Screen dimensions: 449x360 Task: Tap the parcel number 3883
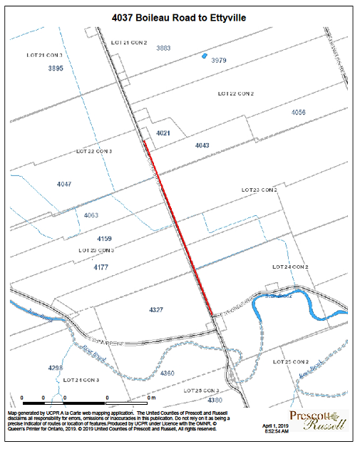[x=163, y=48]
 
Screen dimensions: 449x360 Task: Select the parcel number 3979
[x=219, y=61]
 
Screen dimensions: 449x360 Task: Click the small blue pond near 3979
[x=205, y=55]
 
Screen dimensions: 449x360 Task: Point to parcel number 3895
[x=56, y=68]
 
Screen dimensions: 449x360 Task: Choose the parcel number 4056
[x=299, y=113]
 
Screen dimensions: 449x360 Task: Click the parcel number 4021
[x=163, y=133]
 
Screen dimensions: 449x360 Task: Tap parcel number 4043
[x=202, y=145]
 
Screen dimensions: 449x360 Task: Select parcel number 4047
[x=64, y=184]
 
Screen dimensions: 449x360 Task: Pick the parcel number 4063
[x=91, y=215]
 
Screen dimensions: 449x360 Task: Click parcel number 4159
[x=104, y=238]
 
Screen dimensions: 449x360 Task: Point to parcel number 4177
[x=101, y=266]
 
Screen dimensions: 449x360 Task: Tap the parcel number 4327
[x=156, y=310]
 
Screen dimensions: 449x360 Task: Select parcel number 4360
[x=168, y=373]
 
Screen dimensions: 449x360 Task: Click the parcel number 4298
[x=55, y=367]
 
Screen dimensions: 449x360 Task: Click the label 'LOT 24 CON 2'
[x=290, y=266]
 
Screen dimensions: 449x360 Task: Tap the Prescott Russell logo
[x=318, y=421]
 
